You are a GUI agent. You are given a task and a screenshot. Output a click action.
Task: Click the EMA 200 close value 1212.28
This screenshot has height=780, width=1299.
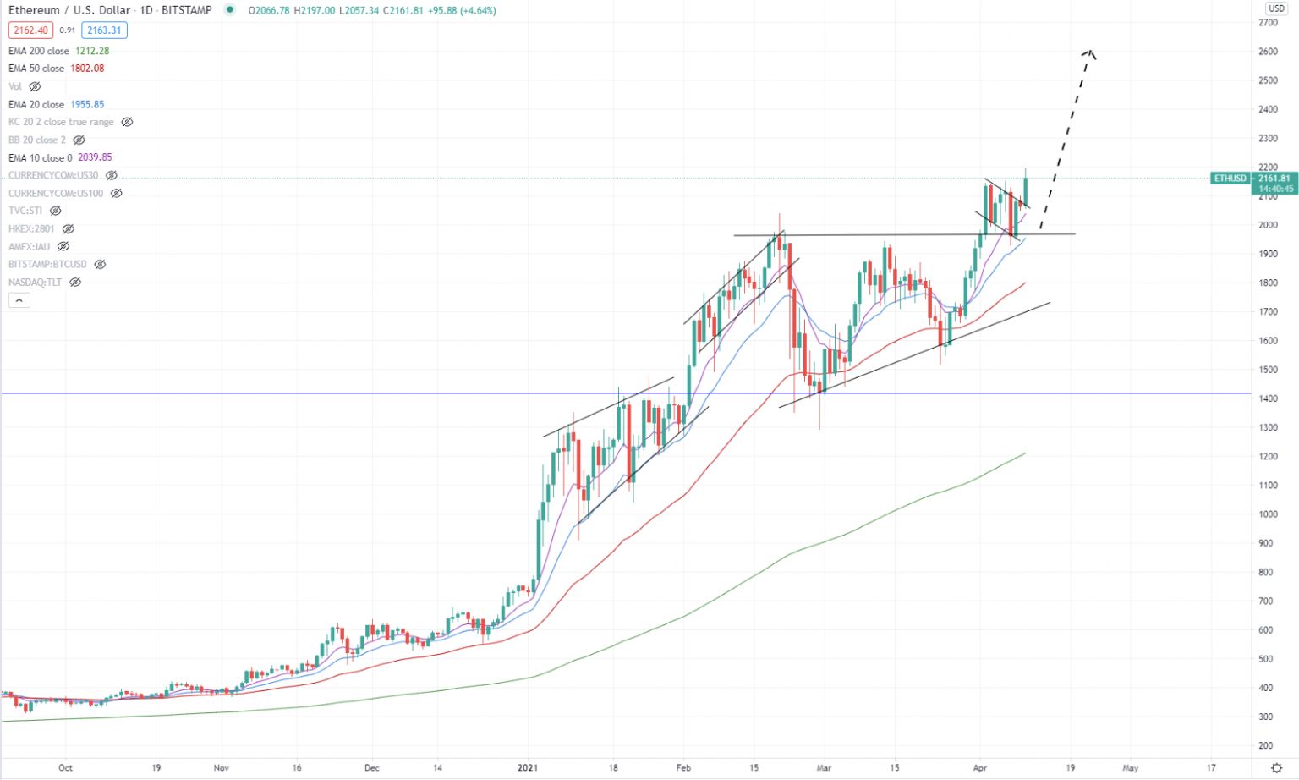pyautogui.click(x=92, y=51)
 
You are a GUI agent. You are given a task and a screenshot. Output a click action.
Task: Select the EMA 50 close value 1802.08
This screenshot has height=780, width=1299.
pyautogui.click(x=87, y=69)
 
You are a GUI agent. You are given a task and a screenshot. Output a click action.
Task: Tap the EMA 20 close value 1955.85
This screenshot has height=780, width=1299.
pyautogui.click(x=87, y=105)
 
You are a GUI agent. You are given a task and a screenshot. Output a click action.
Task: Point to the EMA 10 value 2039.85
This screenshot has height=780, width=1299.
pyautogui.click(x=95, y=157)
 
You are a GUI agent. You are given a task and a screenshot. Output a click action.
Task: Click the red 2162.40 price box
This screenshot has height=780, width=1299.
pyautogui.click(x=31, y=30)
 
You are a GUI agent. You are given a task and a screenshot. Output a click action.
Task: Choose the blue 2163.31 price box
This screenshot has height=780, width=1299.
pyautogui.click(x=104, y=30)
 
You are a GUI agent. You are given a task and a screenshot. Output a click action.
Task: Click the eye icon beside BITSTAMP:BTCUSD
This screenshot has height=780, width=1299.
pyautogui.click(x=100, y=265)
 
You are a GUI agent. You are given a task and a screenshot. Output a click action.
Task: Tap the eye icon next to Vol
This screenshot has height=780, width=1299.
pyautogui.click(x=35, y=87)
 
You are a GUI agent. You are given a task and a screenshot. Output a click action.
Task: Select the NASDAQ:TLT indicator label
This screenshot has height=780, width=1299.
pyautogui.click(x=35, y=283)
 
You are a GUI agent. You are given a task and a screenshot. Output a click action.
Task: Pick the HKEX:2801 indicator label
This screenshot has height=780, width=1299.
pyautogui.click(x=31, y=229)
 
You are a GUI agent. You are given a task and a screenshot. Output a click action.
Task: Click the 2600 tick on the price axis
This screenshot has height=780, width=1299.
pyautogui.click(x=1268, y=52)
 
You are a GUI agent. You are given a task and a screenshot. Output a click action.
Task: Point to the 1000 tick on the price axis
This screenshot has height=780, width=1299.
pyautogui.click(x=1268, y=514)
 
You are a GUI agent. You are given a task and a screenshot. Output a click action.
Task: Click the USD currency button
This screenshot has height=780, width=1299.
pyautogui.click(x=1275, y=8)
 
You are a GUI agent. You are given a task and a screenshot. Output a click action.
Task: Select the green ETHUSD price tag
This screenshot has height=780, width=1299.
pyautogui.click(x=1230, y=179)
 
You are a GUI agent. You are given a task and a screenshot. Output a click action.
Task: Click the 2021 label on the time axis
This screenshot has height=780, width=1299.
pyautogui.click(x=528, y=768)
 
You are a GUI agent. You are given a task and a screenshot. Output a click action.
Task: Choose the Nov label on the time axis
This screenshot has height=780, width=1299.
pyautogui.click(x=221, y=768)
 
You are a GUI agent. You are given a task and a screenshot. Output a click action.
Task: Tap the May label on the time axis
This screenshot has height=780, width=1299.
pyautogui.click(x=1130, y=768)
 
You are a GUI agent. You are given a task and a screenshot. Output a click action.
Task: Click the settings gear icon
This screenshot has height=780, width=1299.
pyautogui.click(x=1276, y=768)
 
